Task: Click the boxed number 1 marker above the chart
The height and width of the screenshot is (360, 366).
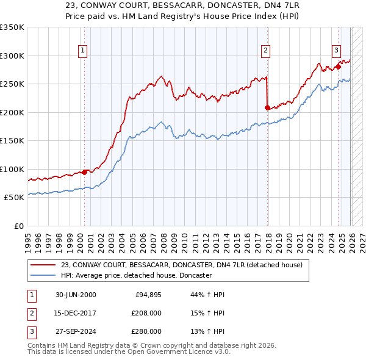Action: point(82,51)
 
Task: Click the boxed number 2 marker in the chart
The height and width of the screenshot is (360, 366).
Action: point(266,51)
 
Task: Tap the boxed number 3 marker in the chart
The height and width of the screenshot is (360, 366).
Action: point(336,51)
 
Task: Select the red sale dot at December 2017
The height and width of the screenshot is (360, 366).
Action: point(267,108)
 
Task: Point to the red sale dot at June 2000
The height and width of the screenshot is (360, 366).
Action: point(84,172)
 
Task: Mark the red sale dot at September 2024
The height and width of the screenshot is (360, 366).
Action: point(338,67)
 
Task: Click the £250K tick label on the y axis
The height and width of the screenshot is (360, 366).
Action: point(12,84)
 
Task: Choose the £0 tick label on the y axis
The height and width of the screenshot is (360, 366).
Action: point(18,226)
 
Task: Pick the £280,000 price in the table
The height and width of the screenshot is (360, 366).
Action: point(146,331)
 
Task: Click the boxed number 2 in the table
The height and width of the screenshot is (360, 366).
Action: point(31,313)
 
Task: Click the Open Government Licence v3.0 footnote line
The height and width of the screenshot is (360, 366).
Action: point(129,352)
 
